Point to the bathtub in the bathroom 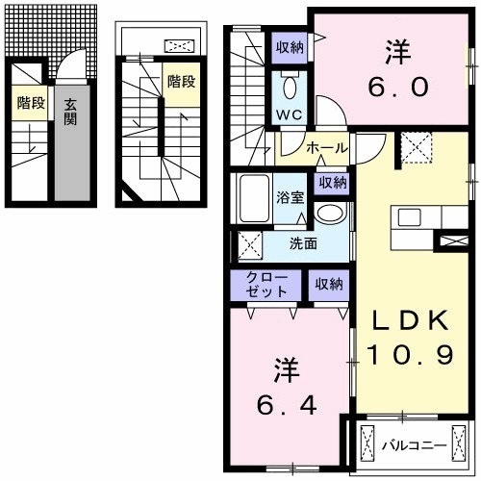pyautogui.click(x=254, y=198)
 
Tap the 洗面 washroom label pyautogui.click(x=304, y=242)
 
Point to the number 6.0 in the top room pyautogui.click(x=395, y=85)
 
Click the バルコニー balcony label pyautogui.click(x=411, y=445)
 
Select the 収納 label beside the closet pyautogui.click(x=328, y=283)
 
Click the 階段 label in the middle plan pyautogui.click(x=180, y=82)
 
